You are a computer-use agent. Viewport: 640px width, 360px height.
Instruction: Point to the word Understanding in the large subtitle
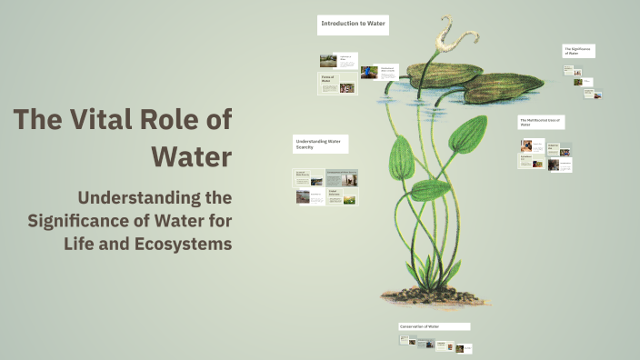coord(155,197)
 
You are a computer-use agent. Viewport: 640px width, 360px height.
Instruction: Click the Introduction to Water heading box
coord(353,25)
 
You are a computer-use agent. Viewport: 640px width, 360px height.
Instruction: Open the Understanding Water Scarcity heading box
coord(320,144)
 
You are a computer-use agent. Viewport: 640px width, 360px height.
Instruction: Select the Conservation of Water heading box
coord(434,326)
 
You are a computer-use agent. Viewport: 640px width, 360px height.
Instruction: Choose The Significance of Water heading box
coord(578,51)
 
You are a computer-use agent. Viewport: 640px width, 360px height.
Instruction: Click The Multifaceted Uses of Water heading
coord(542,122)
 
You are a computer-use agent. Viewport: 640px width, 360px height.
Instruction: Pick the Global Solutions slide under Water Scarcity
coord(342,195)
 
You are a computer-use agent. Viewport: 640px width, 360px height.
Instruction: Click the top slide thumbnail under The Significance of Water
coord(570,69)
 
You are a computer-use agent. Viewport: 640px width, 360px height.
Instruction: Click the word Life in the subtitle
coord(100,244)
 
